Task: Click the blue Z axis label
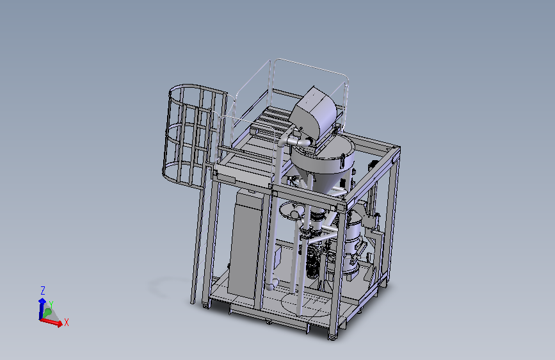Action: pyautogui.click(x=43, y=291)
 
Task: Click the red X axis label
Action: pyautogui.click(x=66, y=322)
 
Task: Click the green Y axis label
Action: pyautogui.click(x=51, y=305)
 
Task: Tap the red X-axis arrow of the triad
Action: pyautogui.click(x=52, y=322)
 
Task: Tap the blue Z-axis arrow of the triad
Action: pyautogui.click(x=42, y=309)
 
